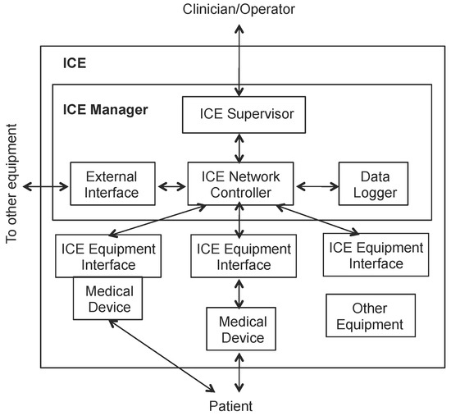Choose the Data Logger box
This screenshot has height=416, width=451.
pos(367,185)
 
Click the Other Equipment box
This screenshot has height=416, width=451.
pos(367,316)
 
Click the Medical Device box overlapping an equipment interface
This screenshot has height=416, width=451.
pos(108,299)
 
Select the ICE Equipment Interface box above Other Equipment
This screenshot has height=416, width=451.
pos(374,254)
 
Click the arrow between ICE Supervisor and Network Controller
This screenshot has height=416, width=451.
pos(239,149)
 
